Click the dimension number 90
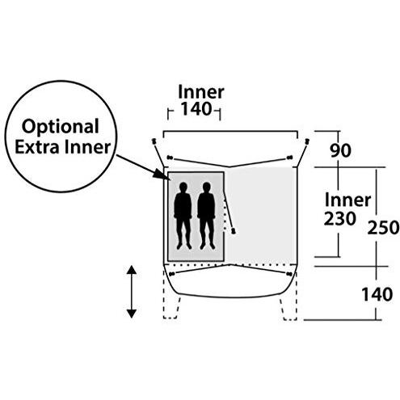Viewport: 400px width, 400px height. (x=340, y=150)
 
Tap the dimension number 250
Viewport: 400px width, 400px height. (x=383, y=228)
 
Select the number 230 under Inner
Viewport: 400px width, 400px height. (x=340, y=219)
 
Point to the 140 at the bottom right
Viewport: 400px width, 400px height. (x=377, y=294)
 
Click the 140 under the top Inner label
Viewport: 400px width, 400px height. (x=196, y=109)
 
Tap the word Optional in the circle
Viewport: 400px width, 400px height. (x=61, y=126)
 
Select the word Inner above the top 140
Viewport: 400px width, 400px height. (x=201, y=92)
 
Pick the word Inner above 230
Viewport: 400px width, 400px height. (x=347, y=200)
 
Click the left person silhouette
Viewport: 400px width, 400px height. (x=183, y=216)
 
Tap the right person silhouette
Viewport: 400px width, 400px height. (x=206, y=216)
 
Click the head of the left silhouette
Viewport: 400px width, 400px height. (x=183, y=187)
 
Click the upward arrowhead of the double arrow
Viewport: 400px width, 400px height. (x=131, y=270)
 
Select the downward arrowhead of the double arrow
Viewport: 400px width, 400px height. (x=131, y=314)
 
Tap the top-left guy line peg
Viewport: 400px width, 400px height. (x=154, y=141)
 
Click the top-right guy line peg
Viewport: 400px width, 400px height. (x=306, y=141)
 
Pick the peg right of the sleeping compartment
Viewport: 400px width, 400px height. (x=234, y=230)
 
